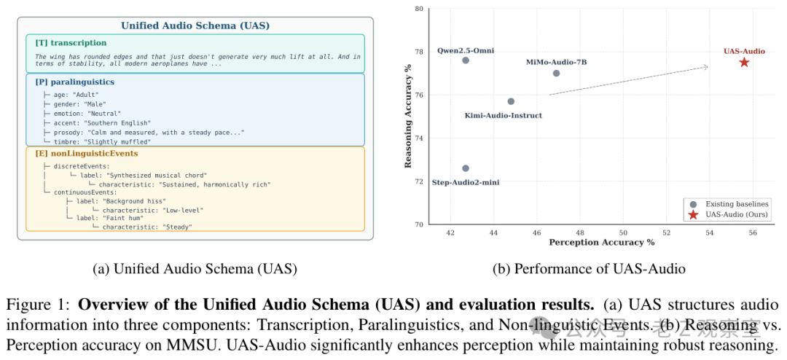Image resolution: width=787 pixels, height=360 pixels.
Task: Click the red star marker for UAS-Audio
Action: click(x=744, y=63)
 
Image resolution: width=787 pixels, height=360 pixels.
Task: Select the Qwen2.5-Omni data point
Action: click(x=466, y=60)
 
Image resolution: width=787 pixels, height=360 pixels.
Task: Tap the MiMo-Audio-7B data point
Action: click(x=556, y=73)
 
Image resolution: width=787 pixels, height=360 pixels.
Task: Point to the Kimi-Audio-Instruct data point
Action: click(x=511, y=101)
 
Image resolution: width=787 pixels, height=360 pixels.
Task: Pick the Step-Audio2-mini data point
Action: click(x=466, y=168)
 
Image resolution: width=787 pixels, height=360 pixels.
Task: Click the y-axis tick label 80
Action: click(x=418, y=9)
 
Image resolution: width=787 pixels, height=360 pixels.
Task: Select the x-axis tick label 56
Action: click(x=753, y=232)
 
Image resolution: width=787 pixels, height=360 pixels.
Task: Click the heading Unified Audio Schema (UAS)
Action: click(x=195, y=26)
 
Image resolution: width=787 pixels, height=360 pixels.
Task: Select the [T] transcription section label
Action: click(x=71, y=43)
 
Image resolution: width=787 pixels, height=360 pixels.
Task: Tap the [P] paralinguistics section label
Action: click(x=75, y=82)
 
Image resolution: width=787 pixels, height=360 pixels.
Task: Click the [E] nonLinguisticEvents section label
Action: click(x=87, y=154)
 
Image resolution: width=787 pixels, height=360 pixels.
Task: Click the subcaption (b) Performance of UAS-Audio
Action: click(x=589, y=269)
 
